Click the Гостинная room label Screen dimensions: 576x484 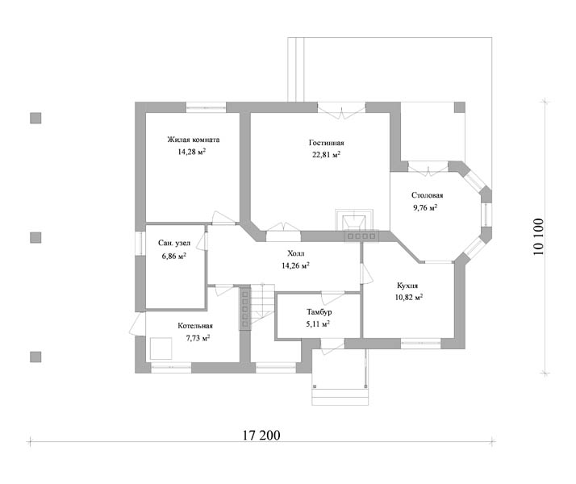(x=326, y=143)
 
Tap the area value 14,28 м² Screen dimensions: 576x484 (x=191, y=152)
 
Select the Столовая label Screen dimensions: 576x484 (x=427, y=195)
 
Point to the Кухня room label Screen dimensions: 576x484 (x=407, y=286)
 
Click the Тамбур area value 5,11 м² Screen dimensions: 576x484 (x=318, y=324)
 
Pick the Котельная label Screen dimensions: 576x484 (x=195, y=326)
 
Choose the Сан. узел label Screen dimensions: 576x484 (x=174, y=243)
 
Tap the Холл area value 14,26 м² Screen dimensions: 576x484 (x=295, y=265)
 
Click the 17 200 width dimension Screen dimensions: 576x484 (x=261, y=435)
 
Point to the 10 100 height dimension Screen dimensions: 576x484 (x=538, y=237)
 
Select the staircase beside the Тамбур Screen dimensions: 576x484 (x=262, y=305)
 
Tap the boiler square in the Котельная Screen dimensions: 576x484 (x=161, y=348)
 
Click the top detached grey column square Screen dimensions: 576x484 (x=35, y=119)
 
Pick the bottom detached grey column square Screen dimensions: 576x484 (x=35, y=357)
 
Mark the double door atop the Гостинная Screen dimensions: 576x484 (x=341, y=111)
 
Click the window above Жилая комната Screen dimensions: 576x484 (x=206, y=107)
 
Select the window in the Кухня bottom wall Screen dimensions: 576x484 (x=420, y=344)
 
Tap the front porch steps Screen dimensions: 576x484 (x=340, y=397)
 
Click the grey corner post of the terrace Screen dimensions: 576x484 (x=460, y=107)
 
